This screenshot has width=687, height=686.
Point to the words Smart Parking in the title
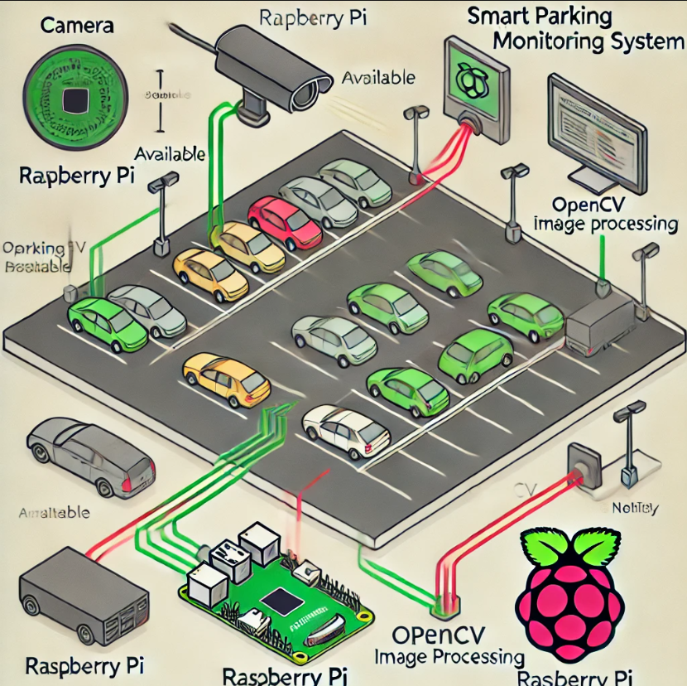[539, 16]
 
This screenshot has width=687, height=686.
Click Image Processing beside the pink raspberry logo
[450, 657]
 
